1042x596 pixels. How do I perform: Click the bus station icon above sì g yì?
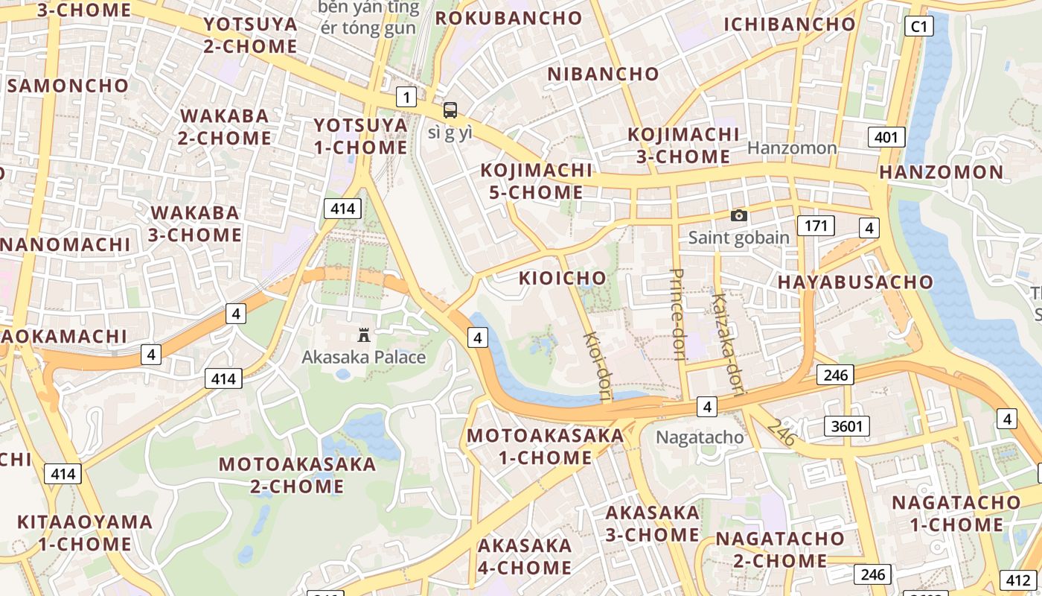(450, 110)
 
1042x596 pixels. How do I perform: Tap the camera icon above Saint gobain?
(738, 215)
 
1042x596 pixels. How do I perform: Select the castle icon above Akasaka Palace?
(364, 335)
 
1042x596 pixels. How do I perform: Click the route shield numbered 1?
(406, 97)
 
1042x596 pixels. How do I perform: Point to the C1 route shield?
(920, 27)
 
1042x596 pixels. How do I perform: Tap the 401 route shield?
(886, 137)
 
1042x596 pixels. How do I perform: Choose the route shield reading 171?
(816, 226)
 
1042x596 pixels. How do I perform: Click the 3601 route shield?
(847, 426)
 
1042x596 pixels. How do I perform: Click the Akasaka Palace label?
(363, 358)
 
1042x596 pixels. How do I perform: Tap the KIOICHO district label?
(563, 279)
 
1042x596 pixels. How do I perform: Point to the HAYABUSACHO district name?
(855, 282)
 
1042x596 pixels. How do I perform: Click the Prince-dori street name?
(677, 314)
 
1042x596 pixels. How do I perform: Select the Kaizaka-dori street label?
(728, 337)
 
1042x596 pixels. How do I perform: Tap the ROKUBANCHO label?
(508, 19)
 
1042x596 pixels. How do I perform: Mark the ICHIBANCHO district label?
(790, 25)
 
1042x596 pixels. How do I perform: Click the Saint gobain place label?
(738, 238)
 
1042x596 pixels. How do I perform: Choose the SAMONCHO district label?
(68, 86)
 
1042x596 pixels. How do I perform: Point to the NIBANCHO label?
(603, 74)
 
